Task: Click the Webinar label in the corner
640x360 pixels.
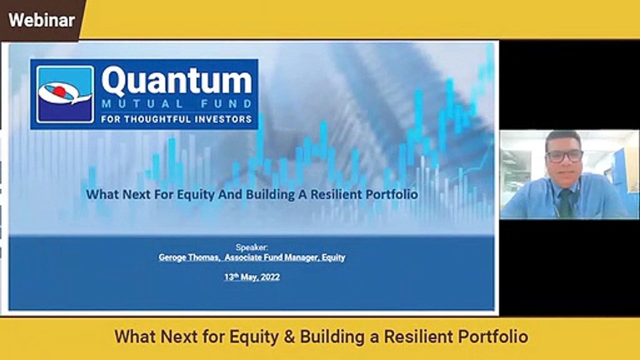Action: coord(41,20)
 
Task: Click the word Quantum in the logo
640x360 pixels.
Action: coord(177,82)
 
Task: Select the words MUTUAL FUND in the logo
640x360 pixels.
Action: coord(176,104)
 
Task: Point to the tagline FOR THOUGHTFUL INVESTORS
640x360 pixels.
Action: coord(176,119)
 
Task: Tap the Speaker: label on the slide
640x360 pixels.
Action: coord(251,247)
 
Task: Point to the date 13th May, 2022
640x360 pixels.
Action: coord(251,276)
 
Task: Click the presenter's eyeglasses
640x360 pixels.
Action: coord(564,155)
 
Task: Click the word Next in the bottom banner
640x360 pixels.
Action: coord(178,336)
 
